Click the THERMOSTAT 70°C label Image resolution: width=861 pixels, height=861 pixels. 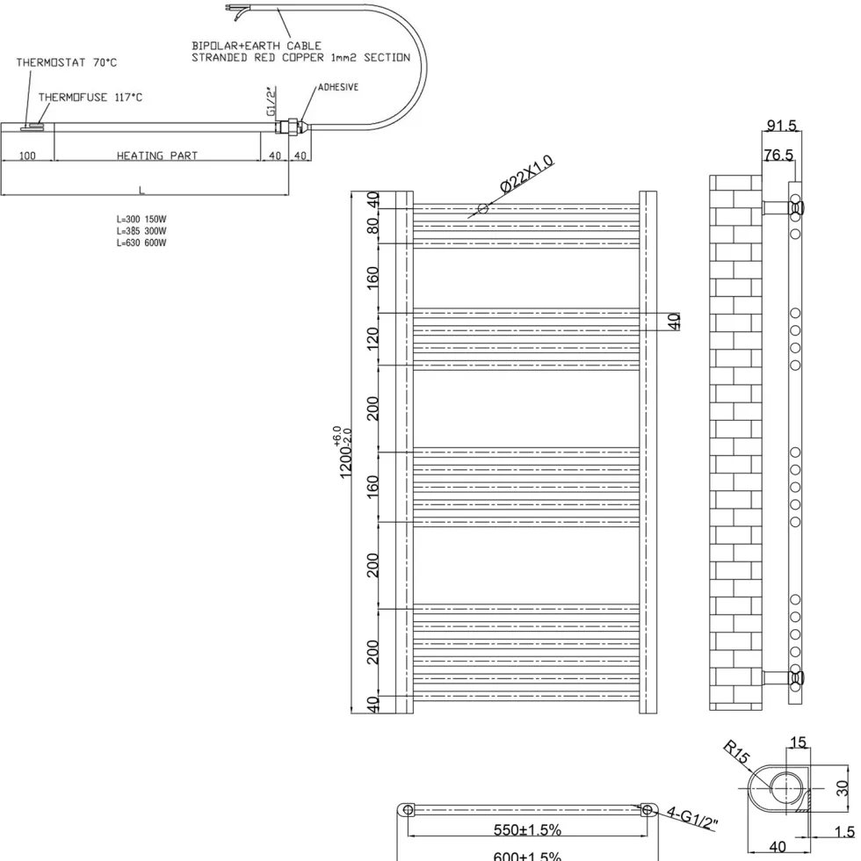click(x=67, y=62)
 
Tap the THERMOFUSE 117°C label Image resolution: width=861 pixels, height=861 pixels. click(x=90, y=98)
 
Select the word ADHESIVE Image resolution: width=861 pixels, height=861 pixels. click(x=338, y=87)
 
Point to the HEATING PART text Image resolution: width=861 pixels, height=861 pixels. click(x=157, y=156)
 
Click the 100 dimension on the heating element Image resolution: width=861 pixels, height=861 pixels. click(x=27, y=156)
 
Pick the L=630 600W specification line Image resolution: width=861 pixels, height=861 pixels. click(x=141, y=242)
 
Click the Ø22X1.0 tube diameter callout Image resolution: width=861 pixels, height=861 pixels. click(x=527, y=174)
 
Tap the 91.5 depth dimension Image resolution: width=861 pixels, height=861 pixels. click(x=781, y=126)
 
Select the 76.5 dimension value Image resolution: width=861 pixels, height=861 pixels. click(x=778, y=156)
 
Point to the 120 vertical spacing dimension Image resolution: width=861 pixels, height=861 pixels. click(x=373, y=339)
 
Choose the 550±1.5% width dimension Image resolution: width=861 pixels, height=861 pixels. click(x=527, y=829)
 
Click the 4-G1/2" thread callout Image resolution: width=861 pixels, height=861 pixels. click(x=692, y=818)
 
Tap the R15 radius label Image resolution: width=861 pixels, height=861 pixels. click(x=736, y=752)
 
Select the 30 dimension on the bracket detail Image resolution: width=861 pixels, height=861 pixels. click(x=843, y=788)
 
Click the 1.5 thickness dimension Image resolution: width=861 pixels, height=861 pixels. click(x=844, y=832)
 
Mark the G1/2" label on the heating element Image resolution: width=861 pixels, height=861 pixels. click(x=271, y=101)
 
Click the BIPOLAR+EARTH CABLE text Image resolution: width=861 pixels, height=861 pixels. click(x=257, y=46)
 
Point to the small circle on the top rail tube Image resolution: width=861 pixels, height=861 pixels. click(x=483, y=208)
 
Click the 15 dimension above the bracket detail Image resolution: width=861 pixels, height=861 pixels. click(x=798, y=742)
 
